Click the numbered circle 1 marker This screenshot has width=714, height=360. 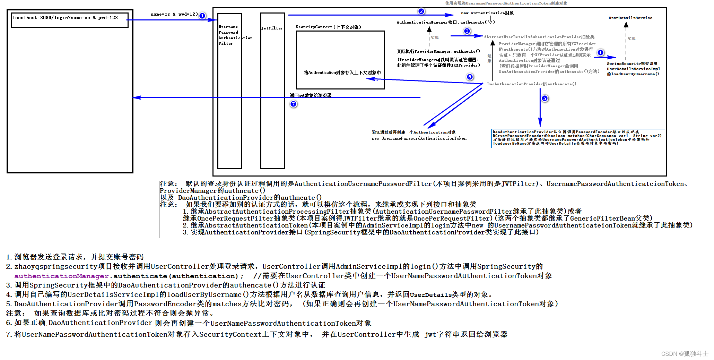(x=202, y=16)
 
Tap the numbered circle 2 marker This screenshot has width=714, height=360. (x=421, y=11)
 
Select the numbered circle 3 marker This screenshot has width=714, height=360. (x=467, y=31)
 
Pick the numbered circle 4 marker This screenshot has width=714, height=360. (x=600, y=53)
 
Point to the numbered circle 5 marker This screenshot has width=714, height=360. (x=545, y=98)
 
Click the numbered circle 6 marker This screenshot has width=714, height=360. (x=470, y=77)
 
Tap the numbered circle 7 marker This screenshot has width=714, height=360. (x=294, y=104)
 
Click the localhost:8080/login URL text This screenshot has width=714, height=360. (x=65, y=18)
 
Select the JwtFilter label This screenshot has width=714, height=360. (x=272, y=28)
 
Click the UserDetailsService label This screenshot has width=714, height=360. (x=630, y=18)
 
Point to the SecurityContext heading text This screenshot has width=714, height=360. (x=328, y=27)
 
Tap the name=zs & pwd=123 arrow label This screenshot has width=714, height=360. (x=174, y=15)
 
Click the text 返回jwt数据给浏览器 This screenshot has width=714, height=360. (x=311, y=95)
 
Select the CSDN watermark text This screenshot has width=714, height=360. (x=685, y=354)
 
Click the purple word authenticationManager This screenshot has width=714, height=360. (x=62, y=276)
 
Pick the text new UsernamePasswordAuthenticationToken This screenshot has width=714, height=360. (x=419, y=138)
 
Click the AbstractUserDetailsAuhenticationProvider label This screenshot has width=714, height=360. (x=539, y=37)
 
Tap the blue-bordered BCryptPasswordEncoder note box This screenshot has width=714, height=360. (x=577, y=138)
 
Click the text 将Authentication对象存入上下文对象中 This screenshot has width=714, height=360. (x=342, y=72)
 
